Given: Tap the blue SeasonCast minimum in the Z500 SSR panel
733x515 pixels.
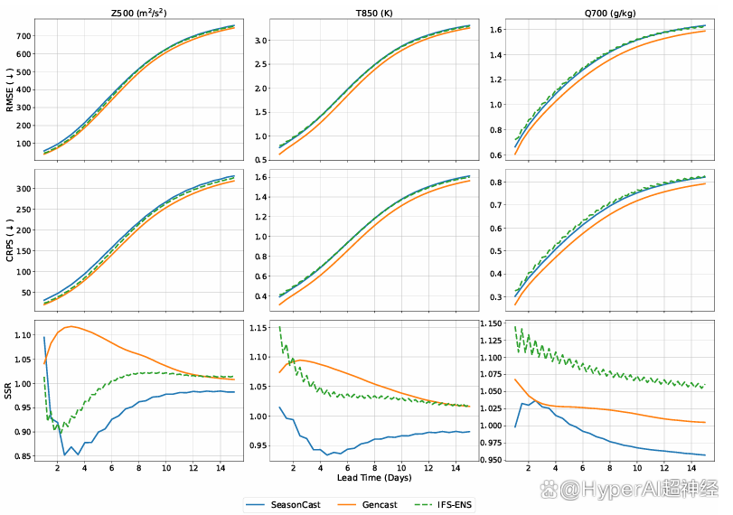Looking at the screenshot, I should tap(65, 454).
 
